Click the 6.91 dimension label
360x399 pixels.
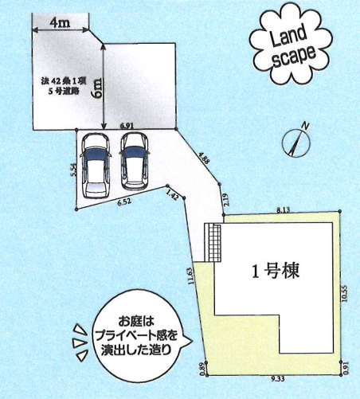click(x=127, y=126)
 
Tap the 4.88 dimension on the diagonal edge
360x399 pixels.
click(x=204, y=158)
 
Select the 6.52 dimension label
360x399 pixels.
click(x=124, y=202)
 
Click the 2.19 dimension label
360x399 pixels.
click(x=226, y=200)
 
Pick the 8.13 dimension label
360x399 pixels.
click(x=284, y=210)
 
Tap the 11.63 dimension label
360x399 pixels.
click(x=191, y=276)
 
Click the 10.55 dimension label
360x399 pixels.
click(x=345, y=293)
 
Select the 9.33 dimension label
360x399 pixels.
click(x=279, y=379)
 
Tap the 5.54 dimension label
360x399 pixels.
click(x=74, y=170)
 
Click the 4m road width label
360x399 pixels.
click(x=61, y=23)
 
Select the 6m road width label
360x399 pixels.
click(x=97, y=88)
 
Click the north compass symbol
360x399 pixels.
click(x=295, y=143)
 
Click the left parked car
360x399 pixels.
click(x=96, y=165)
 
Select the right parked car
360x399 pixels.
click(x=134, y=161)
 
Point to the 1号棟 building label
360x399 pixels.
click(x=276, y=271)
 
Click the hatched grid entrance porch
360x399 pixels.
click(x=214, y=243)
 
